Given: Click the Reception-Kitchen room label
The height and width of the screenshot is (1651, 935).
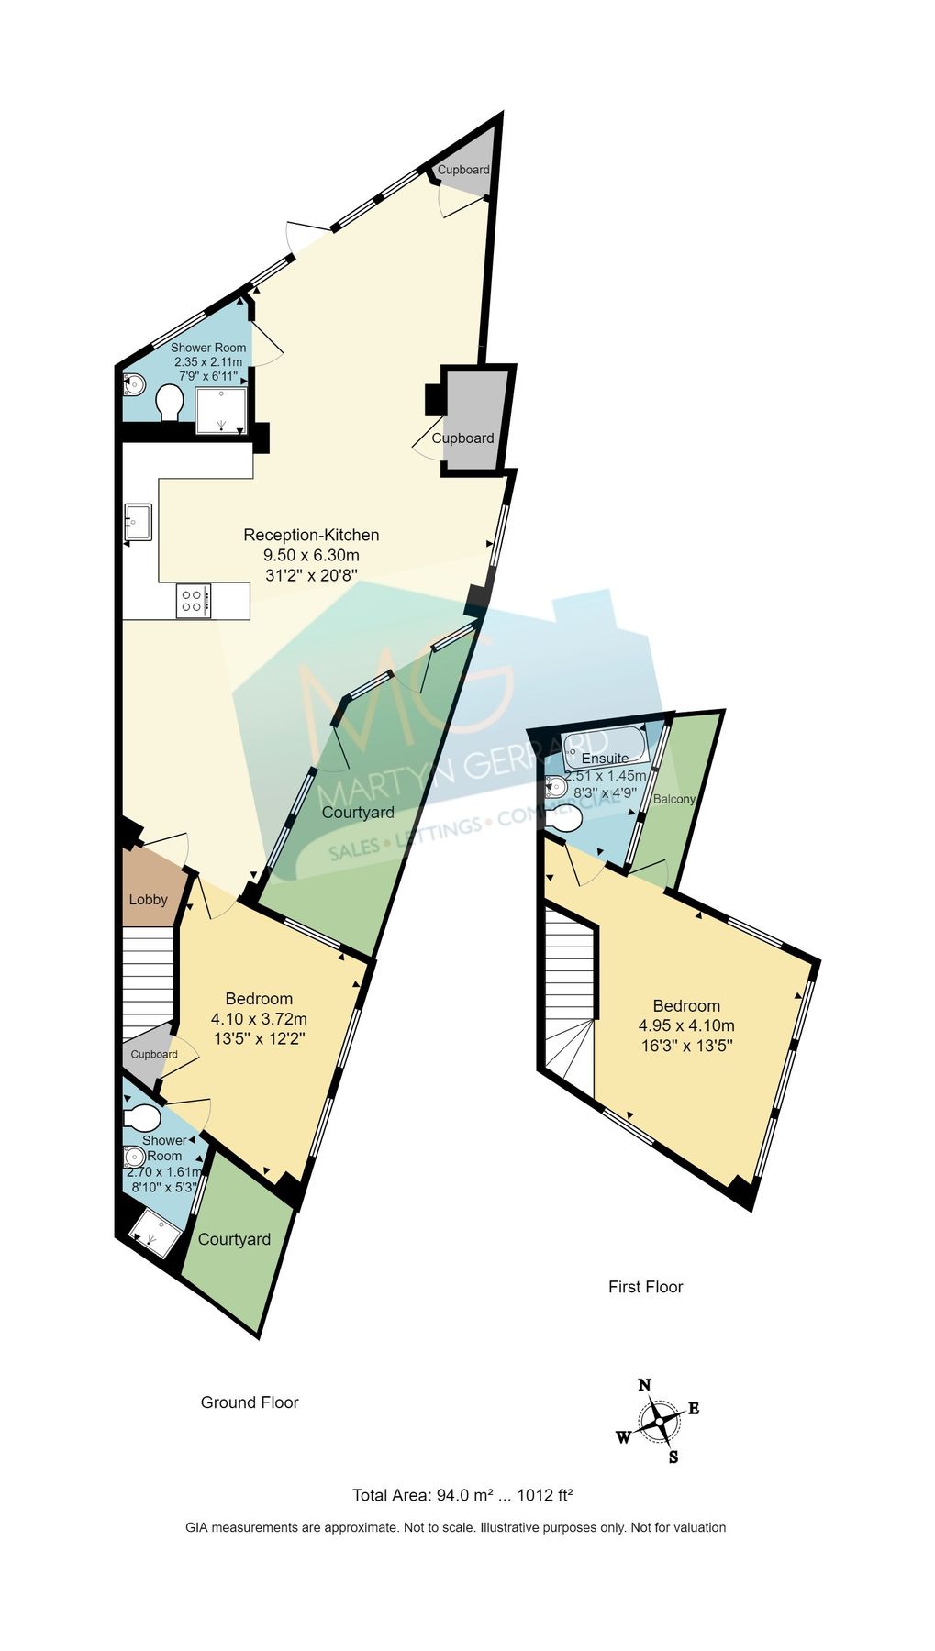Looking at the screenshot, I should (x=311, y=535).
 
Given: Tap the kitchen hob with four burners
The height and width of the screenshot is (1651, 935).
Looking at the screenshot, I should (x=194, y=601).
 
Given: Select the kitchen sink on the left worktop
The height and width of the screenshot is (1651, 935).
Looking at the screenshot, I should (x=139, y=522).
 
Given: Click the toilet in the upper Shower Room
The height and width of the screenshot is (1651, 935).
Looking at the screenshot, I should (x=169, y=402).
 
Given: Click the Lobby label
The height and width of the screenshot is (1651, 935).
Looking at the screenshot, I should (x=148, y=899).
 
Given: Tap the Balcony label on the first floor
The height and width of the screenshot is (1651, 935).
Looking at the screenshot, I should (x=673, y=799).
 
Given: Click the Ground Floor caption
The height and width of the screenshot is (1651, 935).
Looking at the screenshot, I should (x=250, y=1402).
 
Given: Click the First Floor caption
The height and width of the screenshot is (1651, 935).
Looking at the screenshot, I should (x=645, y=1286).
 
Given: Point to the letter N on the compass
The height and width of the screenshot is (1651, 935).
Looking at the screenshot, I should (x=644, y=1385).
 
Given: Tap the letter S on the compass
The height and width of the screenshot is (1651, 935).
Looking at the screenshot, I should (x=673, y=1457).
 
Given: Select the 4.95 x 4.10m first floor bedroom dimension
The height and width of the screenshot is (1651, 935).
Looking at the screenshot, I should (x=686, y=1025).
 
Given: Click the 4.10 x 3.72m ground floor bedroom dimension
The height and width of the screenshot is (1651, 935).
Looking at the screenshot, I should (x=259, y=1018).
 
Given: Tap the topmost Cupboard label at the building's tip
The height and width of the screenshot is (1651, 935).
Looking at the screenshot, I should (x=462, y=170).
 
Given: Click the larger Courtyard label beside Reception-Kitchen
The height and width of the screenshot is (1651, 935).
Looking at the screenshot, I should (x=358, y=812).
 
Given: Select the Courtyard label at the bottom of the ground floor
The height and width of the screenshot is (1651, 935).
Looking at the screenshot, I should (x=234, y=1239).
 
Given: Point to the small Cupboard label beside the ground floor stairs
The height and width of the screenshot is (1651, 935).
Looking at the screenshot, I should (x=153, y=1054).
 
